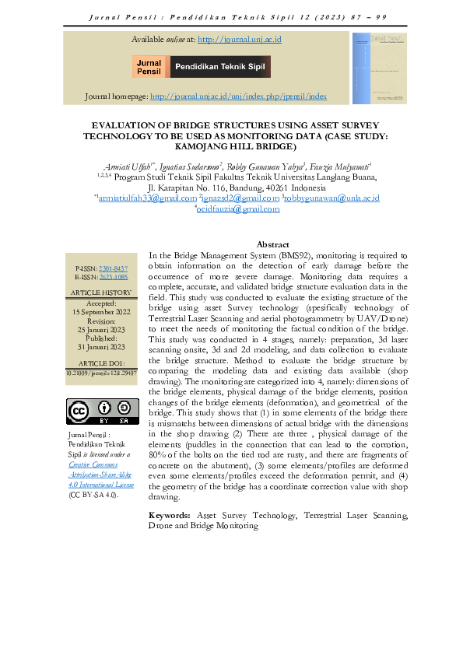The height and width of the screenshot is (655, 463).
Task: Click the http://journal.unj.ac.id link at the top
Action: tap(239, 39)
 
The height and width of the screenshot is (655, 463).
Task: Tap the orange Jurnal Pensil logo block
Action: tap(149, 67)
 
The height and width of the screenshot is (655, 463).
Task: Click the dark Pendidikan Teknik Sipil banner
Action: tap(220, 67)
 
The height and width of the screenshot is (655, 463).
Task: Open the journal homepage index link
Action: tap(238, 96)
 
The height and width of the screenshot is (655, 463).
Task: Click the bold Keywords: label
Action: tap(170, 516)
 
